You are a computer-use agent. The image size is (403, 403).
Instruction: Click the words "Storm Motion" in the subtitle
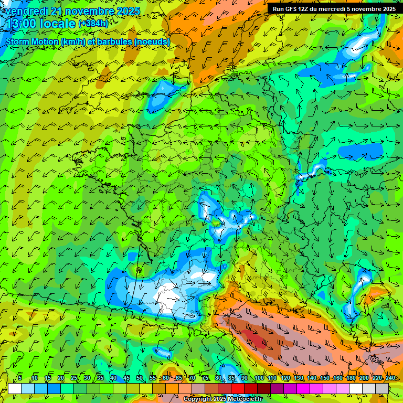[x=31, y=41]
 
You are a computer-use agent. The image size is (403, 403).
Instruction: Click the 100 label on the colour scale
[x=259, y=378]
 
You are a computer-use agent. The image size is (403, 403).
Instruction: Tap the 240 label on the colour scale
[x=390, y=378]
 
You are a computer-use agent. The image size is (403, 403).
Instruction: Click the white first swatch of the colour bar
[x=15, y=388]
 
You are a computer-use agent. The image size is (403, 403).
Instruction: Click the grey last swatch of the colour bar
[x=382, y=388]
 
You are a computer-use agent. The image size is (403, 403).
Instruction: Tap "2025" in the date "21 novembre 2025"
[x=127, y=11]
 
